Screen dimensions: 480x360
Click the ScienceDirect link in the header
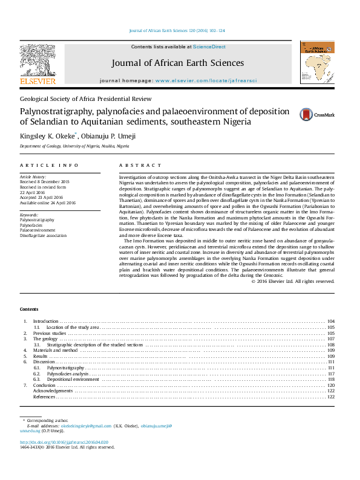point(209,47)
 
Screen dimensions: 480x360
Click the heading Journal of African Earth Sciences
point(177,63)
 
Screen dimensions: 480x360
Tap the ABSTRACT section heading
point(140,165)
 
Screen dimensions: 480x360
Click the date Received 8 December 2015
point(45,181)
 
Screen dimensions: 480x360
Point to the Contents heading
point(28,309)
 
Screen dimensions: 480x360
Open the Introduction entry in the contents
point(45,321)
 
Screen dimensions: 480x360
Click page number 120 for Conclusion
point(330,385)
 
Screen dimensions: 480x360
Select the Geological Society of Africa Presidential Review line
point(85,99)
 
